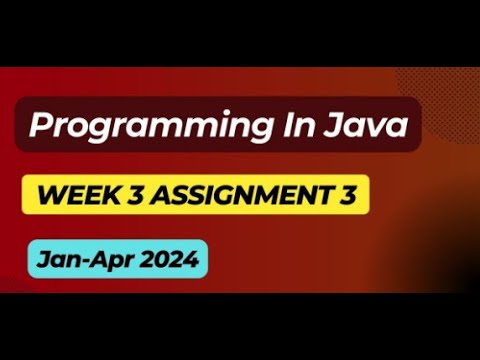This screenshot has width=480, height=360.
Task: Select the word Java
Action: coord(363,126)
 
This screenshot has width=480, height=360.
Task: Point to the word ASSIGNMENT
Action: coord(236,194)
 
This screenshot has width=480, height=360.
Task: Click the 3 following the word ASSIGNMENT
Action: coord(344,194)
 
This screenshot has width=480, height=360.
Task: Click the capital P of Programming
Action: coord(40,126)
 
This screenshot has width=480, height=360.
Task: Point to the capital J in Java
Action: coord(334,126)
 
